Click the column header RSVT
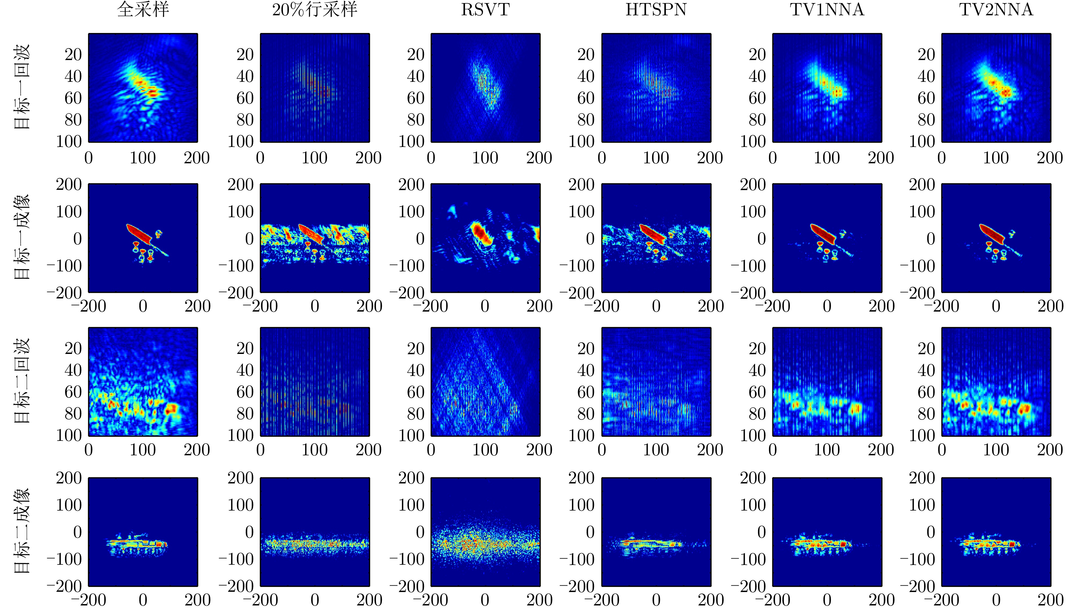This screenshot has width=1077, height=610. (x=485, y=10)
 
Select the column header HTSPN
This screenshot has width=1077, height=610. (x=656, y=10)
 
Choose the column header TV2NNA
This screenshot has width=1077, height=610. (x=996, y=10)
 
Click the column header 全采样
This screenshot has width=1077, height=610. (x=143, y=10)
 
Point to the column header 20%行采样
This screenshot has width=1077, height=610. (x=315, y=10)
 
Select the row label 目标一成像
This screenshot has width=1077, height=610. (x=22, y=237)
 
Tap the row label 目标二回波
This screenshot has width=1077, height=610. (x=22, y=381)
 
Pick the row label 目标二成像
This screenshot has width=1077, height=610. (x=22, y=530)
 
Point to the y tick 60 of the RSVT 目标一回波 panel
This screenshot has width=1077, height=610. (x=416, y=98)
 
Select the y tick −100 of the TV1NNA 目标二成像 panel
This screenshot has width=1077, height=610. (x=748, y=559)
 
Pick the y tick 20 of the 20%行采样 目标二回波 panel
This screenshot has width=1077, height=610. (x=245, y=348)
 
